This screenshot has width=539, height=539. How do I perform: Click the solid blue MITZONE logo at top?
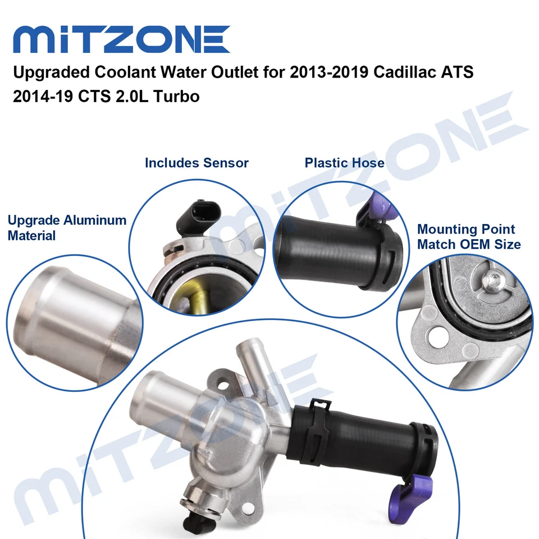[x=121, y=39]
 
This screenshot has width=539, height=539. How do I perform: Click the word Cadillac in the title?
[x=400, y=74]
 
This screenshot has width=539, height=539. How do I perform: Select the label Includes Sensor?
[x=197, y=163]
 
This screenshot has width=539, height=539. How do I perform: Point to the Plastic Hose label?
[x=344, y=163]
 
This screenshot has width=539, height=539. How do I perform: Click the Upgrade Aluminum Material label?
[x=67, y=228]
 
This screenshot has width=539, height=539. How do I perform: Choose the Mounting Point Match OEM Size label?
[x=469, y=237]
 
